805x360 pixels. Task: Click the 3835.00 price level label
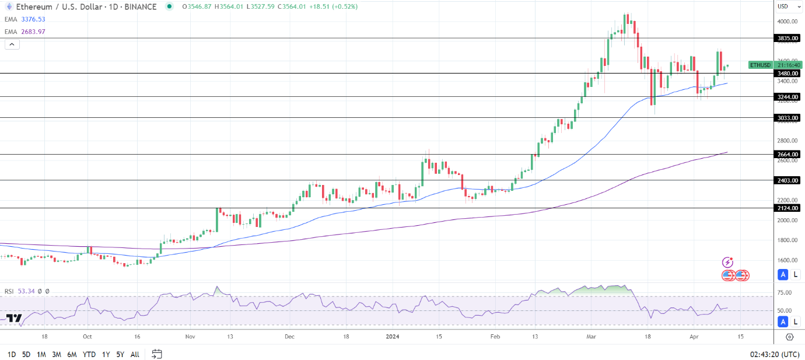click(787, 38)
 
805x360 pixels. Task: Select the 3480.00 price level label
click(787, 74)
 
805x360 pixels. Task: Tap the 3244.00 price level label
click(787, 97)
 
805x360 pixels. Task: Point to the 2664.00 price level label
click(787, 154)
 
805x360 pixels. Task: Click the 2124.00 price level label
click(787, 208)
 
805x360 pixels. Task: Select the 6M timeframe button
click(72, 354)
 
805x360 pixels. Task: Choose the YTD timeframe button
click(89, 354)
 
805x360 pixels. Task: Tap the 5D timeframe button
click(26, 354)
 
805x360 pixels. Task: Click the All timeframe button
click(135, 354)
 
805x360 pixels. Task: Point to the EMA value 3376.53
click(33, 19)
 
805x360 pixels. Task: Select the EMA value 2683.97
click(33, 32)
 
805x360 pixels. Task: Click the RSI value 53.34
click(27, 291)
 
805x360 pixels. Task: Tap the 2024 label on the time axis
click(393, 337)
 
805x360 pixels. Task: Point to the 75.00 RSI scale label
click(785, 293)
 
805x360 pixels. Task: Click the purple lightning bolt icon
click(727, 263)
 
